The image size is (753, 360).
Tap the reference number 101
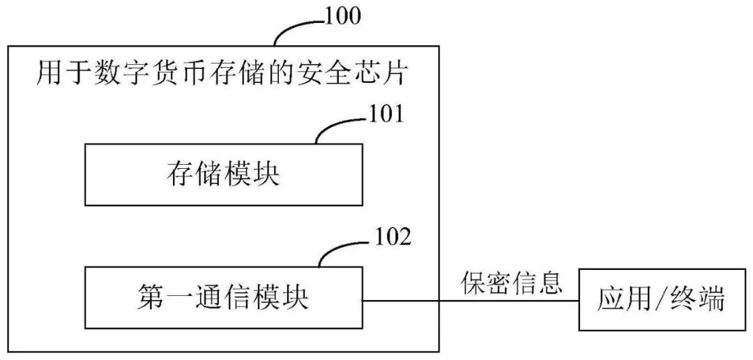384,114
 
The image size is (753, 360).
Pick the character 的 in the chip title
296,73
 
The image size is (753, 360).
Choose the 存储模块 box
223,174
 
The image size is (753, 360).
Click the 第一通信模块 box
223,299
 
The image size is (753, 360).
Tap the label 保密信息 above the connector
511,282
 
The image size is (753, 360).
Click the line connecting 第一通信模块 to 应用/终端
471,301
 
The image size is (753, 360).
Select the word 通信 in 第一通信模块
223,299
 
